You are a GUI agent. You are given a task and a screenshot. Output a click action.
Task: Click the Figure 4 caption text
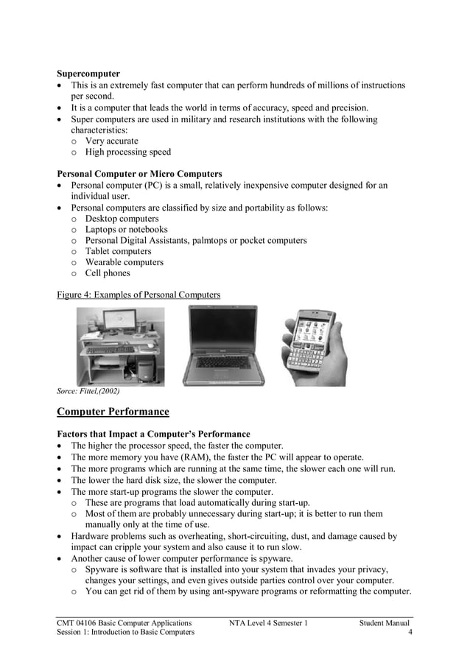pos(138,295)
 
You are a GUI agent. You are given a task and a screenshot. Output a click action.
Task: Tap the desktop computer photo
pos(121,345)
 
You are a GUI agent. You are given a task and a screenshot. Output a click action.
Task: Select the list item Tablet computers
pos(118,251)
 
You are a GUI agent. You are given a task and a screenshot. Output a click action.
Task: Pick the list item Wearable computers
pos(124,262)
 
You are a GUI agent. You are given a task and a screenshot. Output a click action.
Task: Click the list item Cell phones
pos(108,273)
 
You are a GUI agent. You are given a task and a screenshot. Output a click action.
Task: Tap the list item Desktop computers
pos(122,219)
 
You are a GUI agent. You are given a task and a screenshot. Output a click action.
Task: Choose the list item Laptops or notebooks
pos(126,230)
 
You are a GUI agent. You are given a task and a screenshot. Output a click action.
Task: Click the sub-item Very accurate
pos(111,141)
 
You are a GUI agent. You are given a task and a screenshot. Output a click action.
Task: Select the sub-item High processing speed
pos(127,152)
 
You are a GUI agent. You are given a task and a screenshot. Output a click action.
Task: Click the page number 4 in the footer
pos(409,632)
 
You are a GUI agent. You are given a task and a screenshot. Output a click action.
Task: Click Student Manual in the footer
pos(384,623)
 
